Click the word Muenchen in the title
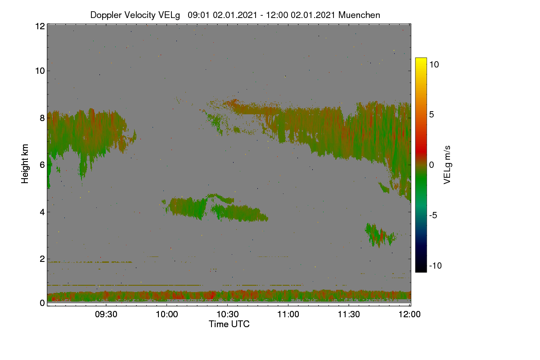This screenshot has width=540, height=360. pyautogui.click(x=359, y=15)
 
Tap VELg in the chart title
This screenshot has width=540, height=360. pyautogui.click(x=169, y=15)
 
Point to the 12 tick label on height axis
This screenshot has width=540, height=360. pyautogui.click(x=40, y=26)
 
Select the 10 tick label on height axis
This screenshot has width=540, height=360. pyautogui.click(x=40, y=71)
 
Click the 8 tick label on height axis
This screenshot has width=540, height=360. pyautogui.click(x=42, y=118)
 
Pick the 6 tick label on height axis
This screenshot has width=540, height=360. pyautogui.click(x=42, y=165)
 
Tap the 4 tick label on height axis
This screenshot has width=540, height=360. pyautogui.click(x=42, y=212)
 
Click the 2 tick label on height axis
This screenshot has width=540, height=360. pyautogui.click(x=42, y=259)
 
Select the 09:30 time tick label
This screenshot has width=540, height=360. pyautogui.click(x=106, y=314)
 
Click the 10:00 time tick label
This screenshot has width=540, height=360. pyautogui.click(x=167, y=314)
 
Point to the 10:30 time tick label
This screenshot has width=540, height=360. pyautogui.click(x=228, y=314)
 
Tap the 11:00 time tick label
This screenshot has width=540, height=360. pyautogui.click(x=288, y=314)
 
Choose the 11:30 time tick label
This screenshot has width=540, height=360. pyautogui.click(x=349, y=314)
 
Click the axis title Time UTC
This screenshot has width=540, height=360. pyautogui.click(x=229, y=324)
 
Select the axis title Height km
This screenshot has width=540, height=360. pyautogui.click(x=25, y=164)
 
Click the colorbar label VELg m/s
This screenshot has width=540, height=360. pyautogui.click(x=447, y=165)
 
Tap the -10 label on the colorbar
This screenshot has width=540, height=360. pyautogui.click(x=436, y=265)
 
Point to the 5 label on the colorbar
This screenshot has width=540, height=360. pyautogui.click(x=432, y=115)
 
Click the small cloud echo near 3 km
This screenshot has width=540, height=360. pyautogui.click(x=380, y=235)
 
